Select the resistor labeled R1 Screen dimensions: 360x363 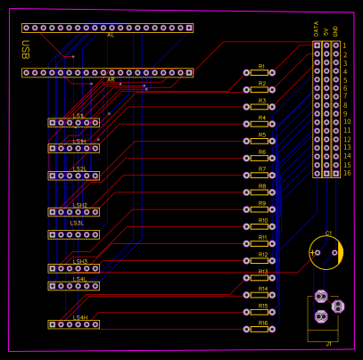click(x=259, y=72)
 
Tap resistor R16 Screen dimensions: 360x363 click(x=259, y=329)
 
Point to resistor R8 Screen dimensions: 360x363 click(x=259, y=192)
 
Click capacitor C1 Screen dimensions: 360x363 click(x=326, y=252)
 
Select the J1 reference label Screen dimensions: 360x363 click(x=328, y=343)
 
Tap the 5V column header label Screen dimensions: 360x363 click(x=326, y=31)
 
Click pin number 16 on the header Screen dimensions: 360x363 click(x=347, y=173)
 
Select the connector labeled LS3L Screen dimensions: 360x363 click(x=74, y=234)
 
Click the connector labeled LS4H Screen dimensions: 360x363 click(x=74, y=324)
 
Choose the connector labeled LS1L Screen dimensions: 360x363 click(x=74, y=122)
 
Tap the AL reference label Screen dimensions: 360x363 click(x=111, y=36)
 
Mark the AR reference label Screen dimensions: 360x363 click(x=111, y=79)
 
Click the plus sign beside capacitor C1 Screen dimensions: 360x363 click(x=312, y=253)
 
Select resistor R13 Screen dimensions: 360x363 click(x=259, y=277)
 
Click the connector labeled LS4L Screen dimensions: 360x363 click(x=74, y=286)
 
